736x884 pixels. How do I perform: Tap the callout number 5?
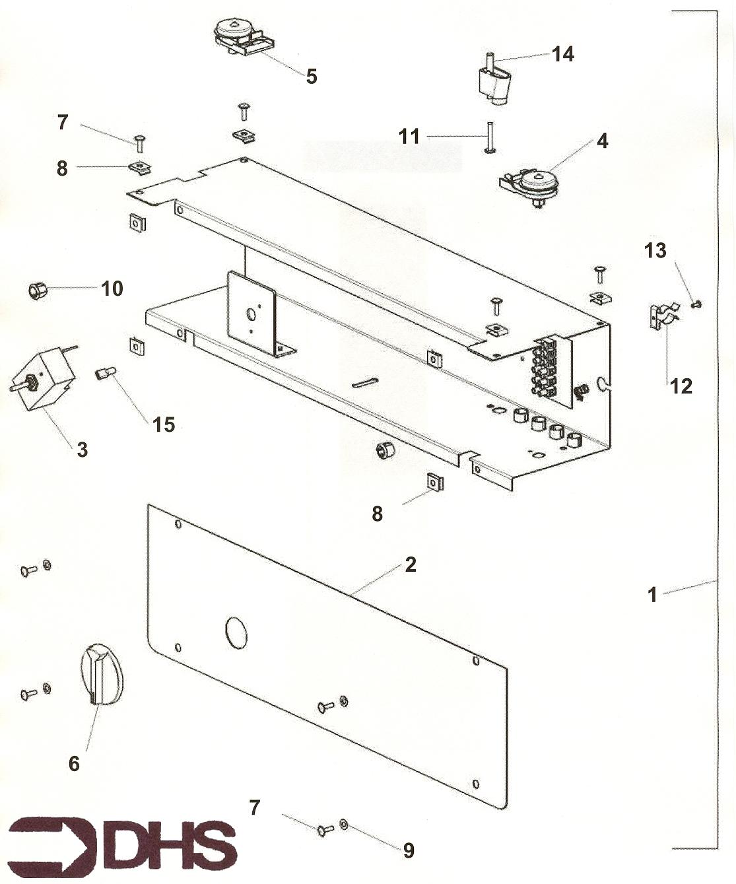click(x=312, y=76)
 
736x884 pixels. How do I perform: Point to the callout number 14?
click(x=562, y=54)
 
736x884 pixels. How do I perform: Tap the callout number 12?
click(x=681, y=386)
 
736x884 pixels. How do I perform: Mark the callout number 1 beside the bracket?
click(x=652, y=595)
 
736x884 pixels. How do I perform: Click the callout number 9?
click(x=409, y=850)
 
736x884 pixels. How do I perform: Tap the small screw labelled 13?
click(x=696, y=304)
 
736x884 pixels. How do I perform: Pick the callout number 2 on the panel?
click(x=411, y=564)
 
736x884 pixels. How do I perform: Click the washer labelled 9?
click(x=344, y=825)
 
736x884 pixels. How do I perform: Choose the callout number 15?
click(x=164, y=425)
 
